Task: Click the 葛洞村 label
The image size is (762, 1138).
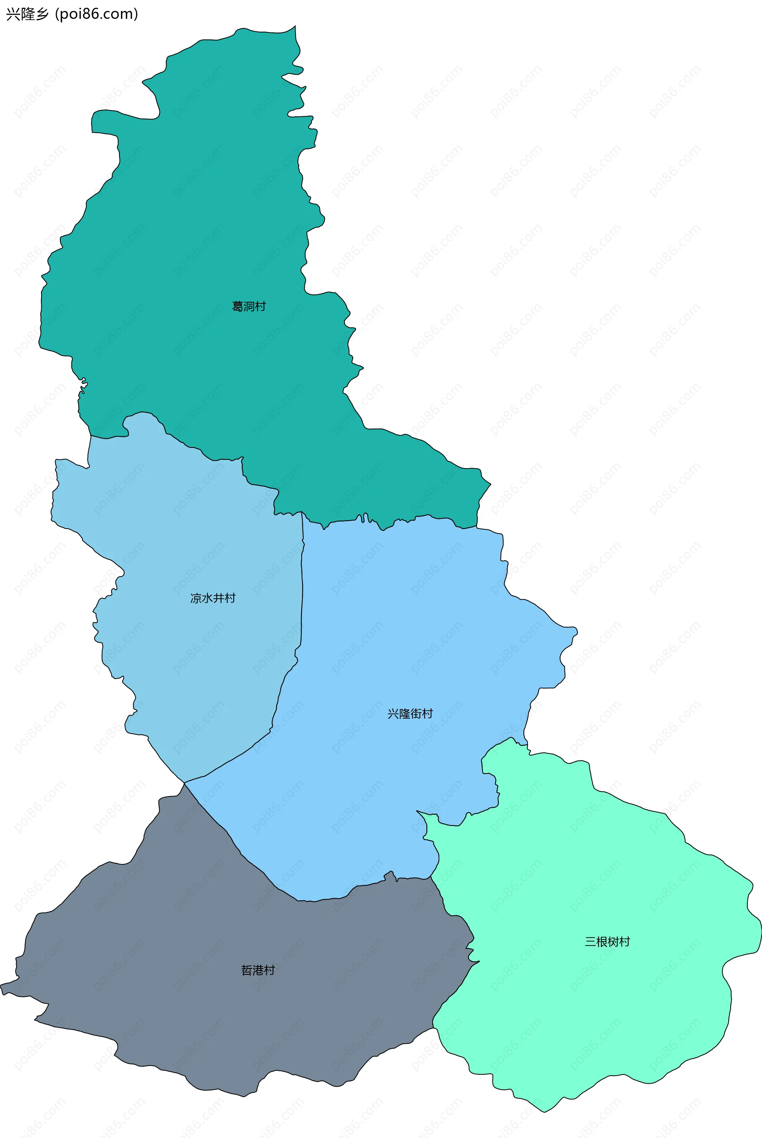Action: tap(249, 306)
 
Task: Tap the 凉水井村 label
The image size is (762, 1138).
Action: tap(213, 598)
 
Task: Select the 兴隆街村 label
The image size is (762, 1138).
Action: tap(410, 714)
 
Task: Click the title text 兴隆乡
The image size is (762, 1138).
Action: tap(27, 14)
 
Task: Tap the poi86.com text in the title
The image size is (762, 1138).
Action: tap(97, 14)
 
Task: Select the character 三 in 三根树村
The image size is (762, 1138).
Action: tap(591, 941)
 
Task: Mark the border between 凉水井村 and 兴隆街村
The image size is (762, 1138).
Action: tap(301, 608)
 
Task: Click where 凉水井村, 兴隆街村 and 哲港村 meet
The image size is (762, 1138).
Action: tap(184, 783)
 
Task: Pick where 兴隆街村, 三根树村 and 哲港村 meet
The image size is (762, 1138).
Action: tap(431, 878)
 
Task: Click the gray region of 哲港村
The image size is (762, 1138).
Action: tap(194, 1021)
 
